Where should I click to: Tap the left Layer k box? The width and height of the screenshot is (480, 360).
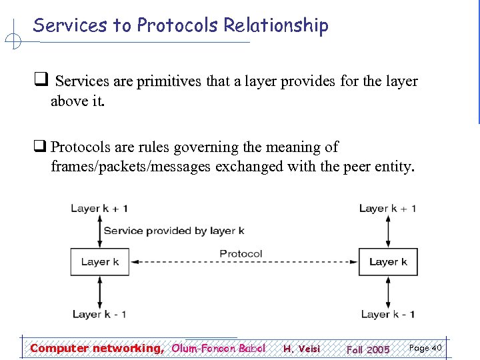tap(99, 262)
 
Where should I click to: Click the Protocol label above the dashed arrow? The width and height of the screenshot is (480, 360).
tap(241, 253)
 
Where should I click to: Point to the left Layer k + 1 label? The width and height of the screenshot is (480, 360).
tap(99, 208)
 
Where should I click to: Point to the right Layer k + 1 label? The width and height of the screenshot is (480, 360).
tap(388, 208)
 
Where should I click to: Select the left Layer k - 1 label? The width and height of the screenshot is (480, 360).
tap(99, 313)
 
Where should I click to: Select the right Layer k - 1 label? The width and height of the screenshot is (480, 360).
tap(388, 313)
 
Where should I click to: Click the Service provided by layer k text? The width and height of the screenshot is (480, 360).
tap(174, 231)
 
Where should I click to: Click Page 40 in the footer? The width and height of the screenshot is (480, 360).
tap(425, 348)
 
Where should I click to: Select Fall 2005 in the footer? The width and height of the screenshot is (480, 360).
tap(368, 349)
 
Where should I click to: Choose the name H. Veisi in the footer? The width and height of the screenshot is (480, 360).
tap(301, 349)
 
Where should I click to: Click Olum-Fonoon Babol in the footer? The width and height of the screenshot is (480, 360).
tap(219, 348)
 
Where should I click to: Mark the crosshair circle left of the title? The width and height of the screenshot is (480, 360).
tap(13, 42)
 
